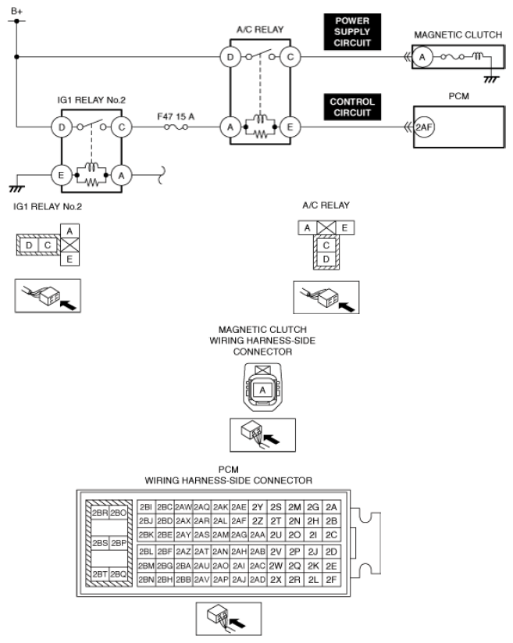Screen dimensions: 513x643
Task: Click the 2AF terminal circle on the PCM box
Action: pos(424,127)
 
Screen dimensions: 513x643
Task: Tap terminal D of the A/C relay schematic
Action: pos(230,57)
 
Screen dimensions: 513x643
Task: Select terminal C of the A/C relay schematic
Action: pos(290,57)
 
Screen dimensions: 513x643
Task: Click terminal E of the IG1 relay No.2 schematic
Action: pos(62,176)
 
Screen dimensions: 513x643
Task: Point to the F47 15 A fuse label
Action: pos(176,117)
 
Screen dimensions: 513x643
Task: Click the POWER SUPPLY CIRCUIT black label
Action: pos(352,32)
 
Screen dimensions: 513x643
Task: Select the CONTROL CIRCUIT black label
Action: pos(352,107)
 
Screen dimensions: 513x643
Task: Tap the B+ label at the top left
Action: pos(17,11)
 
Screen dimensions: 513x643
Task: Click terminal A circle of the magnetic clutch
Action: pos(422,57)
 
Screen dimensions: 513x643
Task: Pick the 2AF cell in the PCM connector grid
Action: pos(238,521)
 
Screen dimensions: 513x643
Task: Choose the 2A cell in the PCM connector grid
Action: pos(331,507)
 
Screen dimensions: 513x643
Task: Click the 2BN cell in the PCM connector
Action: pos(146,580)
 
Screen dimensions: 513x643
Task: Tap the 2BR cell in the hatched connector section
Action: pos(100,513)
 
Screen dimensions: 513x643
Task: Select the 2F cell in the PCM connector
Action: pos(331,580)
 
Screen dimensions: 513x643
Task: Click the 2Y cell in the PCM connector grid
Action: pos(258,507)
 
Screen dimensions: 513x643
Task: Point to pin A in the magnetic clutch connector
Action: pos(262,390)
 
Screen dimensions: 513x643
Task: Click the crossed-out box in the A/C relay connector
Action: pos(326,228)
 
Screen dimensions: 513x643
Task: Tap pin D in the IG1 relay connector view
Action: pos(29,245)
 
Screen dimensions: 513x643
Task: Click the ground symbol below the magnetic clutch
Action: pos(491,79)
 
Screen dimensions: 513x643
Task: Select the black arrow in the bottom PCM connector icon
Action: pos(237,623)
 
